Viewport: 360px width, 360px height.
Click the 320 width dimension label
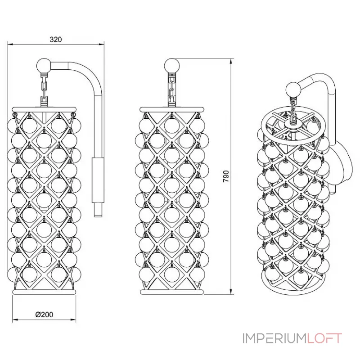coord(55,39)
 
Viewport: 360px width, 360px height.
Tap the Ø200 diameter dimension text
coord(44,315)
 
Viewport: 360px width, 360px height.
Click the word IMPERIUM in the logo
coord(274,338)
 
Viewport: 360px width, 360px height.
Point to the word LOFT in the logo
coord(325,338)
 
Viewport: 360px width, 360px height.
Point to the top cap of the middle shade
coord(172,109)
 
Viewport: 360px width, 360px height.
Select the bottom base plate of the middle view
coord(172,292)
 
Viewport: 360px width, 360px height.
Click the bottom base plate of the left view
coord(45,292)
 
